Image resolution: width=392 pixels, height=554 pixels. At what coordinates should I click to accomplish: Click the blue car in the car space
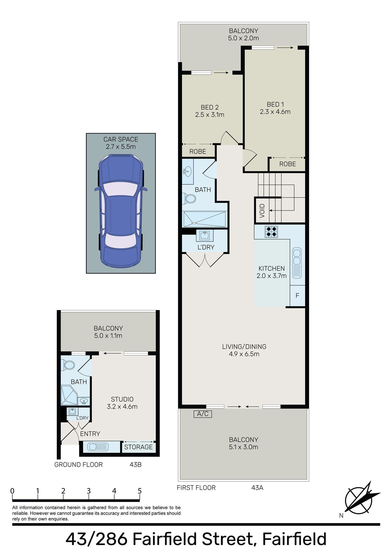(121, 211)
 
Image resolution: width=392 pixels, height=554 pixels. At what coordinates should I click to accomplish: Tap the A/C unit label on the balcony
(203, 414)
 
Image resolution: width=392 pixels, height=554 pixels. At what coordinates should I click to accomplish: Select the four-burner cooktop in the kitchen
(271, 232)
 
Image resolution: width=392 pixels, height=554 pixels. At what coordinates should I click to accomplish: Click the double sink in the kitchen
(297, 263)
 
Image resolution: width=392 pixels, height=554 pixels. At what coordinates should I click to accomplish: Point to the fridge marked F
(297, 296)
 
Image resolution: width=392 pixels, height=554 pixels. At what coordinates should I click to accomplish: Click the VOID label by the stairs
(262, 211)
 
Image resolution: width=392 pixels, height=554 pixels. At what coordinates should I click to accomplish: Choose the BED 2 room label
(210, 107)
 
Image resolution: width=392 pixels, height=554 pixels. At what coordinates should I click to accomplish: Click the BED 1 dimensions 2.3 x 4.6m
(275, 112)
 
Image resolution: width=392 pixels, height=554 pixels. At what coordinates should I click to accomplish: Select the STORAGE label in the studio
(138, 447)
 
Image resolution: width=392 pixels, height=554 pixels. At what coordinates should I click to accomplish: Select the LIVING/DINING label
(244, 347)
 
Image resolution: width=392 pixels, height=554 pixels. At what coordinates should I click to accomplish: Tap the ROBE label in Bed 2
(198, 152)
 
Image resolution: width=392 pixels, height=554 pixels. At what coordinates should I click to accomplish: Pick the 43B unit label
(135, 465)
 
